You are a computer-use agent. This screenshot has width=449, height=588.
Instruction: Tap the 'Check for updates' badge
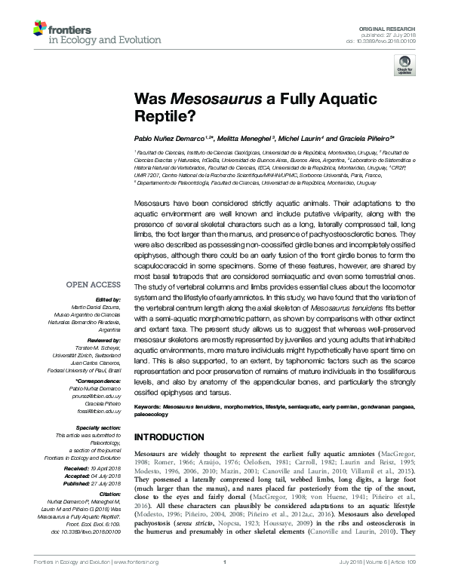click(x=404, y=68)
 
